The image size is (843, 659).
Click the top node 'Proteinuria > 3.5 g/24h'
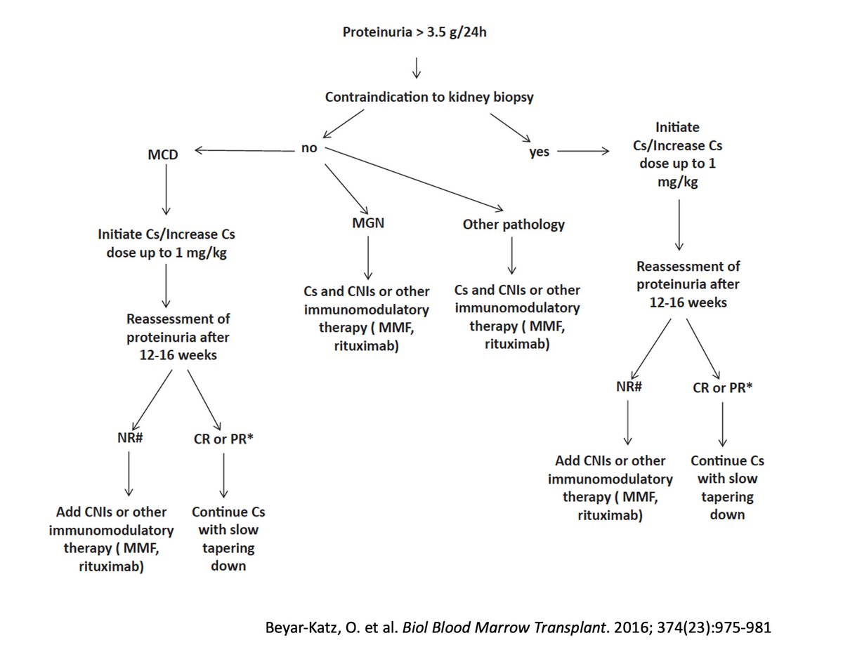[x=414, y=32]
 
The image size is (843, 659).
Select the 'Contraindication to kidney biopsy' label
[x=429, y=97]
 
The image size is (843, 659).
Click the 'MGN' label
[x=368, y=225]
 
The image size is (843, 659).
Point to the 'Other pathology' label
[x=514, y=225]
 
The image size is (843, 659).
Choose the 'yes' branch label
[x=539, y=152]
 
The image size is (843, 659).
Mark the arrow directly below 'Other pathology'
[x=512, y=258]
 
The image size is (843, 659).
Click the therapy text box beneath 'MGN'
[x=367, y=318]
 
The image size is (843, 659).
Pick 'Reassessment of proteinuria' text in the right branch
[x=679, y=285]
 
